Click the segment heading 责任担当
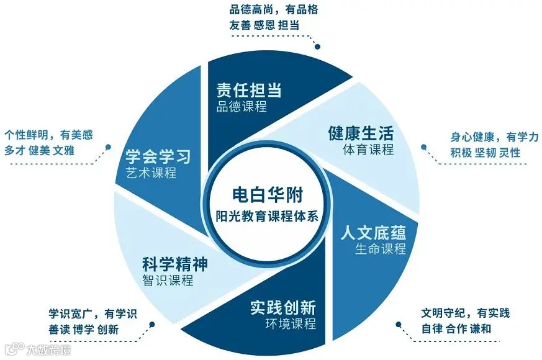click(x=249, y=90)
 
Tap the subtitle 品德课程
click(x=242, y=106)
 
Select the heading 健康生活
click(x=361, y=133)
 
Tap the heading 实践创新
click(x=283, y=307)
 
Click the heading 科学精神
click(x=175, y=264)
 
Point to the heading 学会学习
click(x=158, y=156)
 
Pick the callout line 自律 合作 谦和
click(x=456, y=328)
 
